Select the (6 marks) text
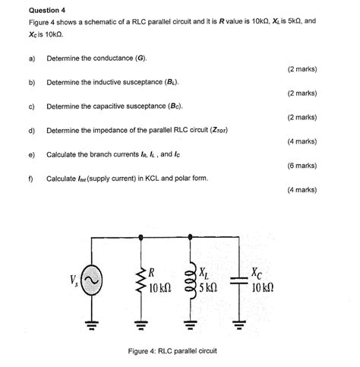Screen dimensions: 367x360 (302, 165)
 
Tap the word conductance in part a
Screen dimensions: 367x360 (118, 58)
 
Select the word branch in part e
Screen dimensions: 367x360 (105, 154)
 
